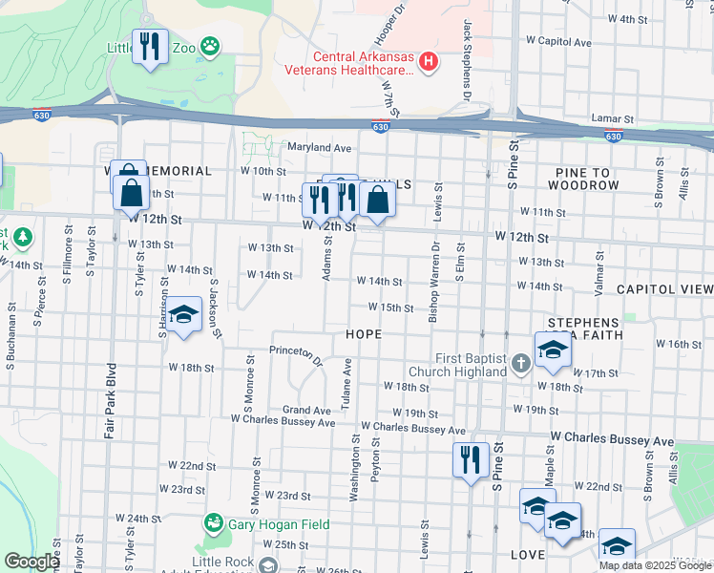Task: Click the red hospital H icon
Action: pyautogui.click(x=429, y=63)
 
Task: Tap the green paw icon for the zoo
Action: pyautogui.click(x=210, y=45)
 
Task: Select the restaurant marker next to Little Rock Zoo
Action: pyautogui.click(x=150, y=48)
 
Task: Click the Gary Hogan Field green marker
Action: pyautogui.click(x=212, y=523)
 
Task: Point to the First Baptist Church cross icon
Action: pyautogui.click(x=520, y=363)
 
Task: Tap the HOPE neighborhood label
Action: pyautogui.click(x=364, y=334)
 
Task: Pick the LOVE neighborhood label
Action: pyautogui.click(x=527, y=554)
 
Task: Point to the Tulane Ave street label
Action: pyautogui.click(x=347, y=380)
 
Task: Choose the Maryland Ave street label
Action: pyautogui.click(x=320, y=148)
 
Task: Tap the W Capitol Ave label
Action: pyautogui.click(x=559, y=42)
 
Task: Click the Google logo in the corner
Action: pyautogui.click(x=31, y=562)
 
